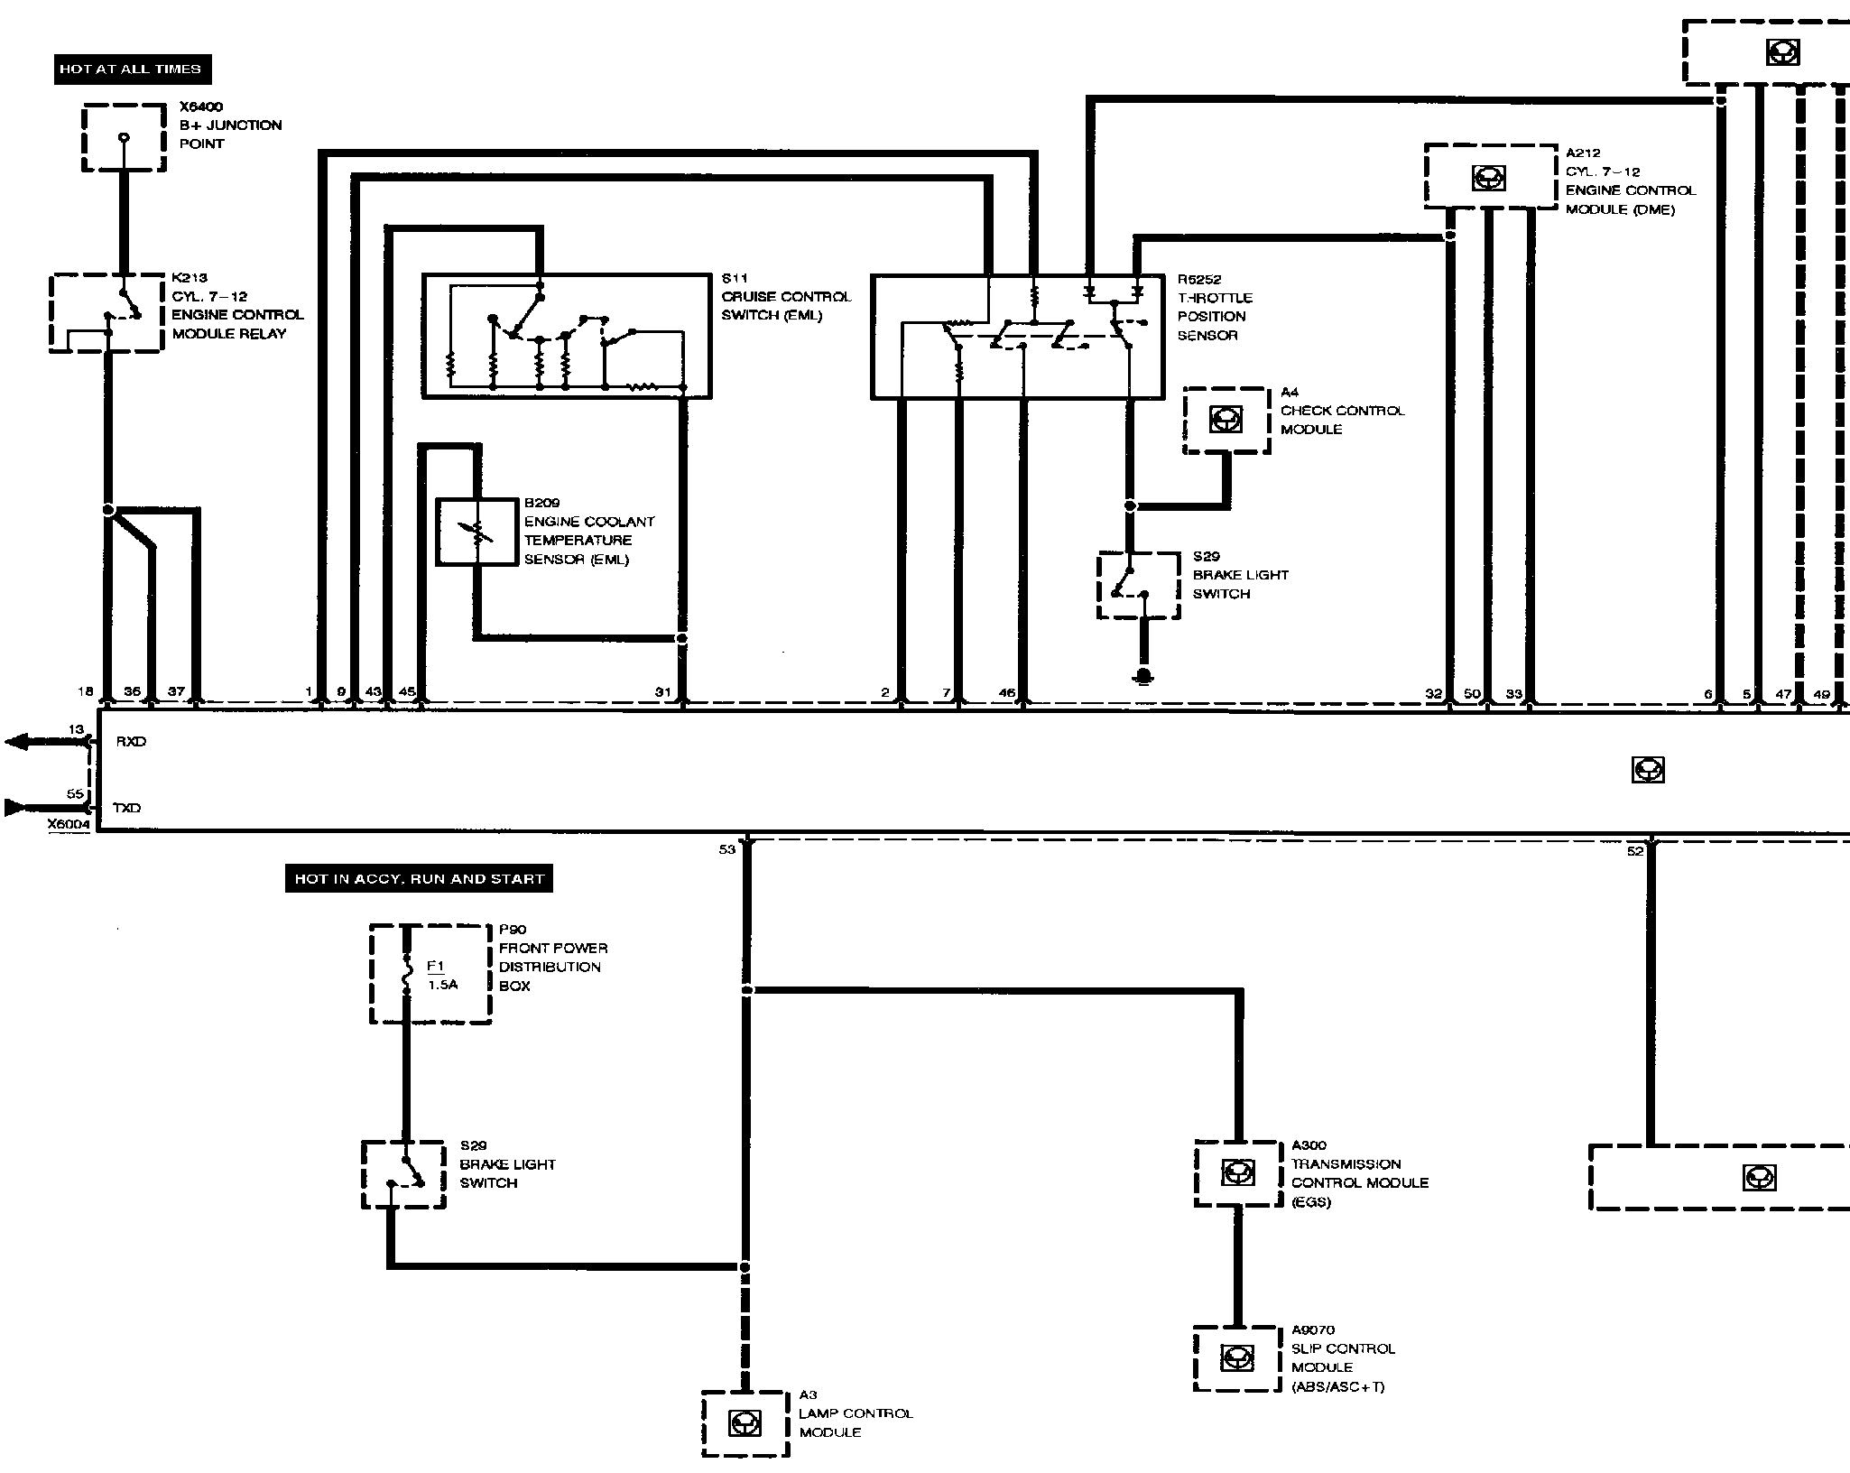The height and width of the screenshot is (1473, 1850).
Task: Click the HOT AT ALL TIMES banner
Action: point(131,69)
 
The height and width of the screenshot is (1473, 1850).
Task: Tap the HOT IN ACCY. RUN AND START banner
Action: point(419,878)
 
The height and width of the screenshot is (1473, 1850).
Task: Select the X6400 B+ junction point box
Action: point(124,137)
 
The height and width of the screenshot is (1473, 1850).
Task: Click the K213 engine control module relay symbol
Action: point(106,312)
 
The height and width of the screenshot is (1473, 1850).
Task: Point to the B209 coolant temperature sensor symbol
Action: point(476,533)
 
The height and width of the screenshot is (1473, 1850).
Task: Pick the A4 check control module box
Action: point(1226,420)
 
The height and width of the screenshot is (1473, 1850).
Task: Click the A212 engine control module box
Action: point(1490,177)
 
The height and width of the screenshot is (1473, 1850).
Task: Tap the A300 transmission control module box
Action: point(1237,1172)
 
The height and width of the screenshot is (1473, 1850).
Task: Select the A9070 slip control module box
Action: point(1236,1357)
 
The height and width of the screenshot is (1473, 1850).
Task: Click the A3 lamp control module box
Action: point(745,1423)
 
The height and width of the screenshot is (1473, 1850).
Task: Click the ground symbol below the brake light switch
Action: point(1143,675)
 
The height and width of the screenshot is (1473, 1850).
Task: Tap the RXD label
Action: point(131,742)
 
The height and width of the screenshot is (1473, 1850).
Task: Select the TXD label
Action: point(127,808)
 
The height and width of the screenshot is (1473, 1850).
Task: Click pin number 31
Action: point(663,692)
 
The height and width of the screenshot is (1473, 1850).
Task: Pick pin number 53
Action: point(727,849)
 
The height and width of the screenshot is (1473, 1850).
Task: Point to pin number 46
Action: point(1007,692)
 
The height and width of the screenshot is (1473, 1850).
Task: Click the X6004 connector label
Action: point(69,824)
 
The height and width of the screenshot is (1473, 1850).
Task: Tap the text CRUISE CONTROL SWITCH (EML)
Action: point(785,306)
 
